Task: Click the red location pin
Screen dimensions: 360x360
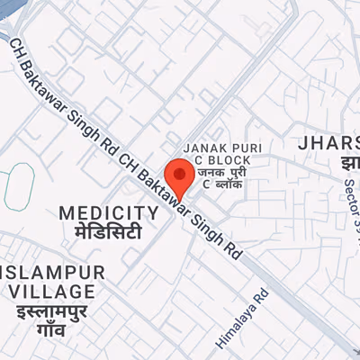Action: coord(180,174)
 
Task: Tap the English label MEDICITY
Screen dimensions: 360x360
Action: coord(109,213)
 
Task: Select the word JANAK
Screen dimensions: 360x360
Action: coord(202,147)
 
